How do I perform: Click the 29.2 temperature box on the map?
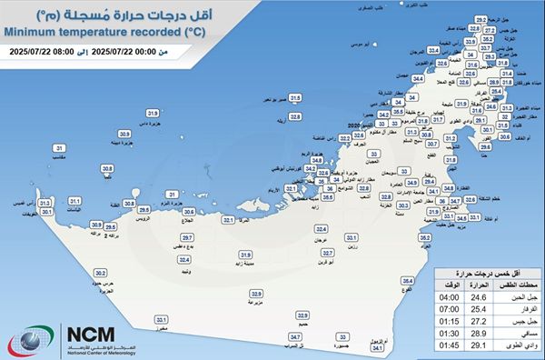coord(482,18)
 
